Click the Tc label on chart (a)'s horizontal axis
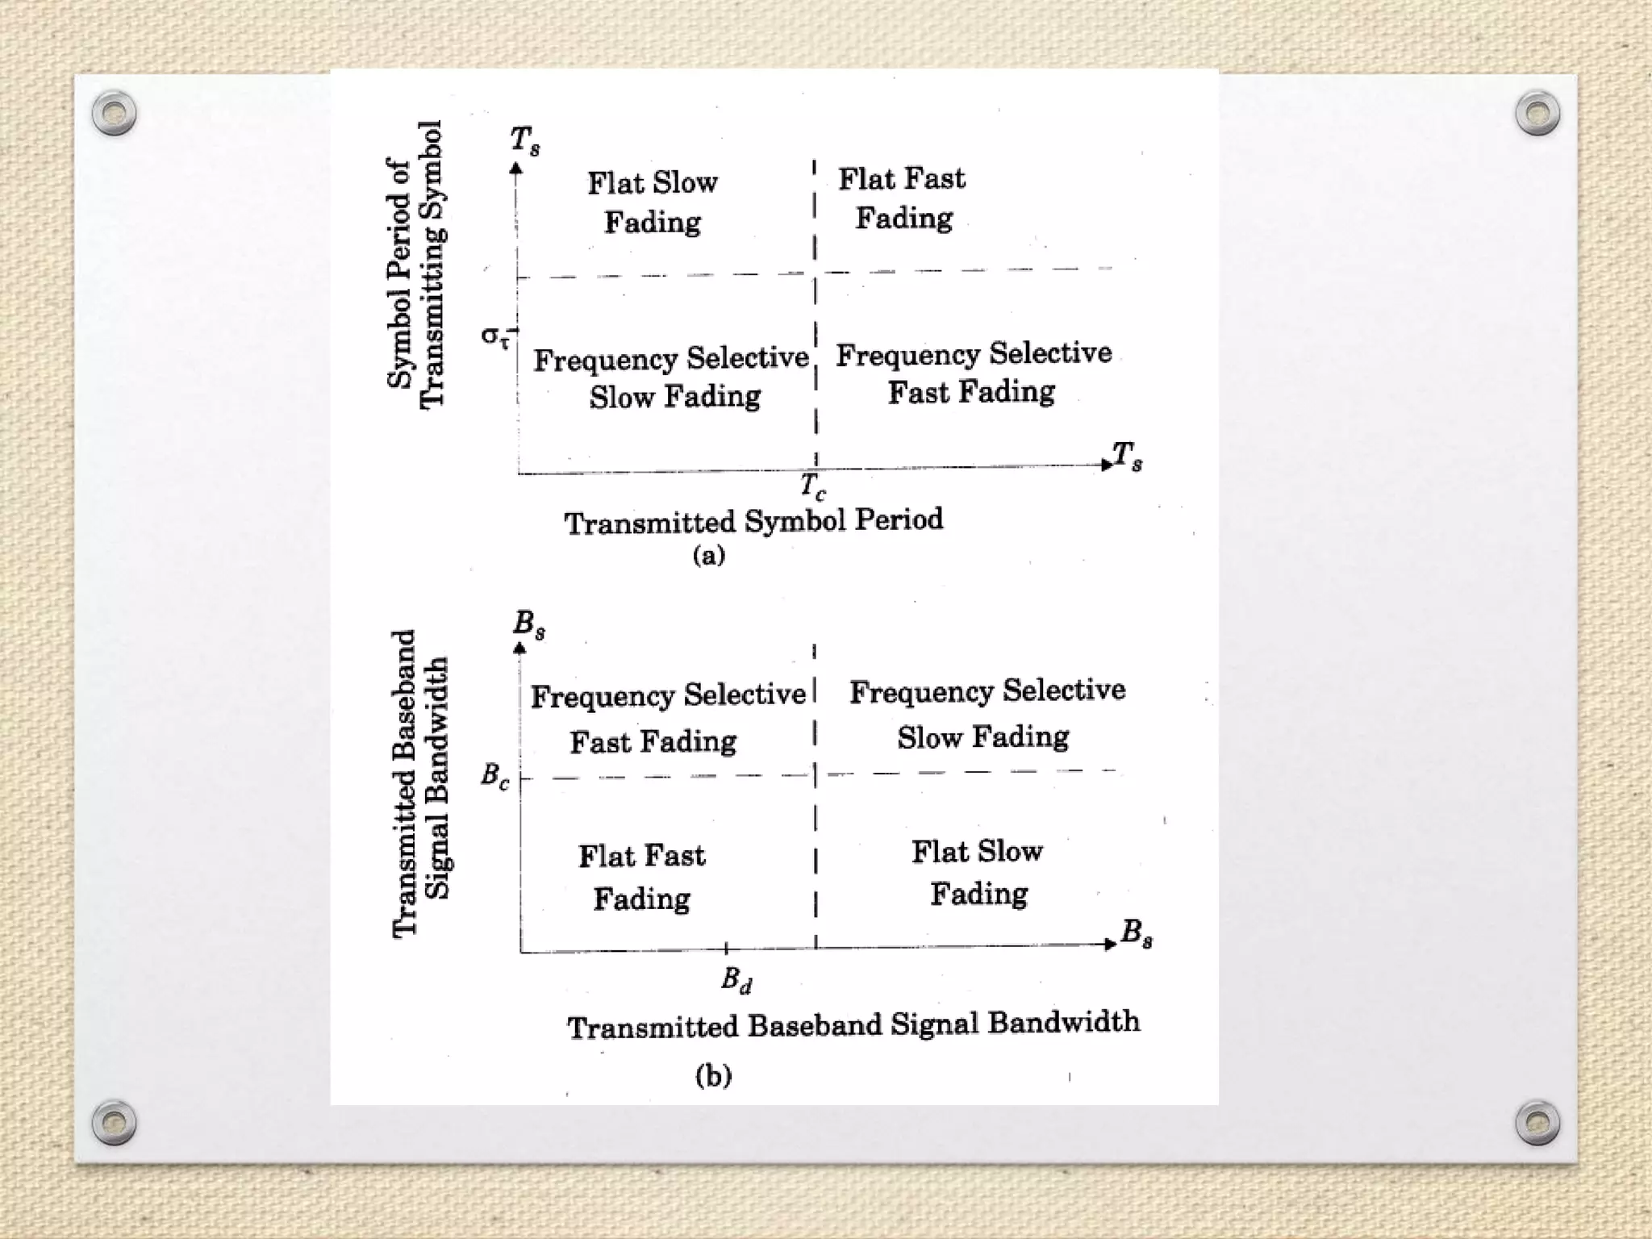point(813,486)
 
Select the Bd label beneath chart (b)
point(736,980)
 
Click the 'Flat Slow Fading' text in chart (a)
point(653,202)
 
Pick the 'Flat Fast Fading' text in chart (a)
point(903,198)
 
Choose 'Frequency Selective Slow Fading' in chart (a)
point(671,378)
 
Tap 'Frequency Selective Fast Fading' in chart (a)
point(973,373)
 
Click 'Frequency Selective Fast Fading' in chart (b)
point(666,718)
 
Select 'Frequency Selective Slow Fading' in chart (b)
point(986,714)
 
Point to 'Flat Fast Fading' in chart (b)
point(642,877)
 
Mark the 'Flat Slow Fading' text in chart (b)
point(978,872)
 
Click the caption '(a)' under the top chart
point(709,556)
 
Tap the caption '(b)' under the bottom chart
point(714,1075)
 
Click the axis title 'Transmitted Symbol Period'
point(753,521)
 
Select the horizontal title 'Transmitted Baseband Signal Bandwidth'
point(853,1024)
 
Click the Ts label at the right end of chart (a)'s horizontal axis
point(1128,456)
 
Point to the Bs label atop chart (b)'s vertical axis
point(529,624)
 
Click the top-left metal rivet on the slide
point(115,113)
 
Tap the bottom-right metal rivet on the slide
point(1537,1122)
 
